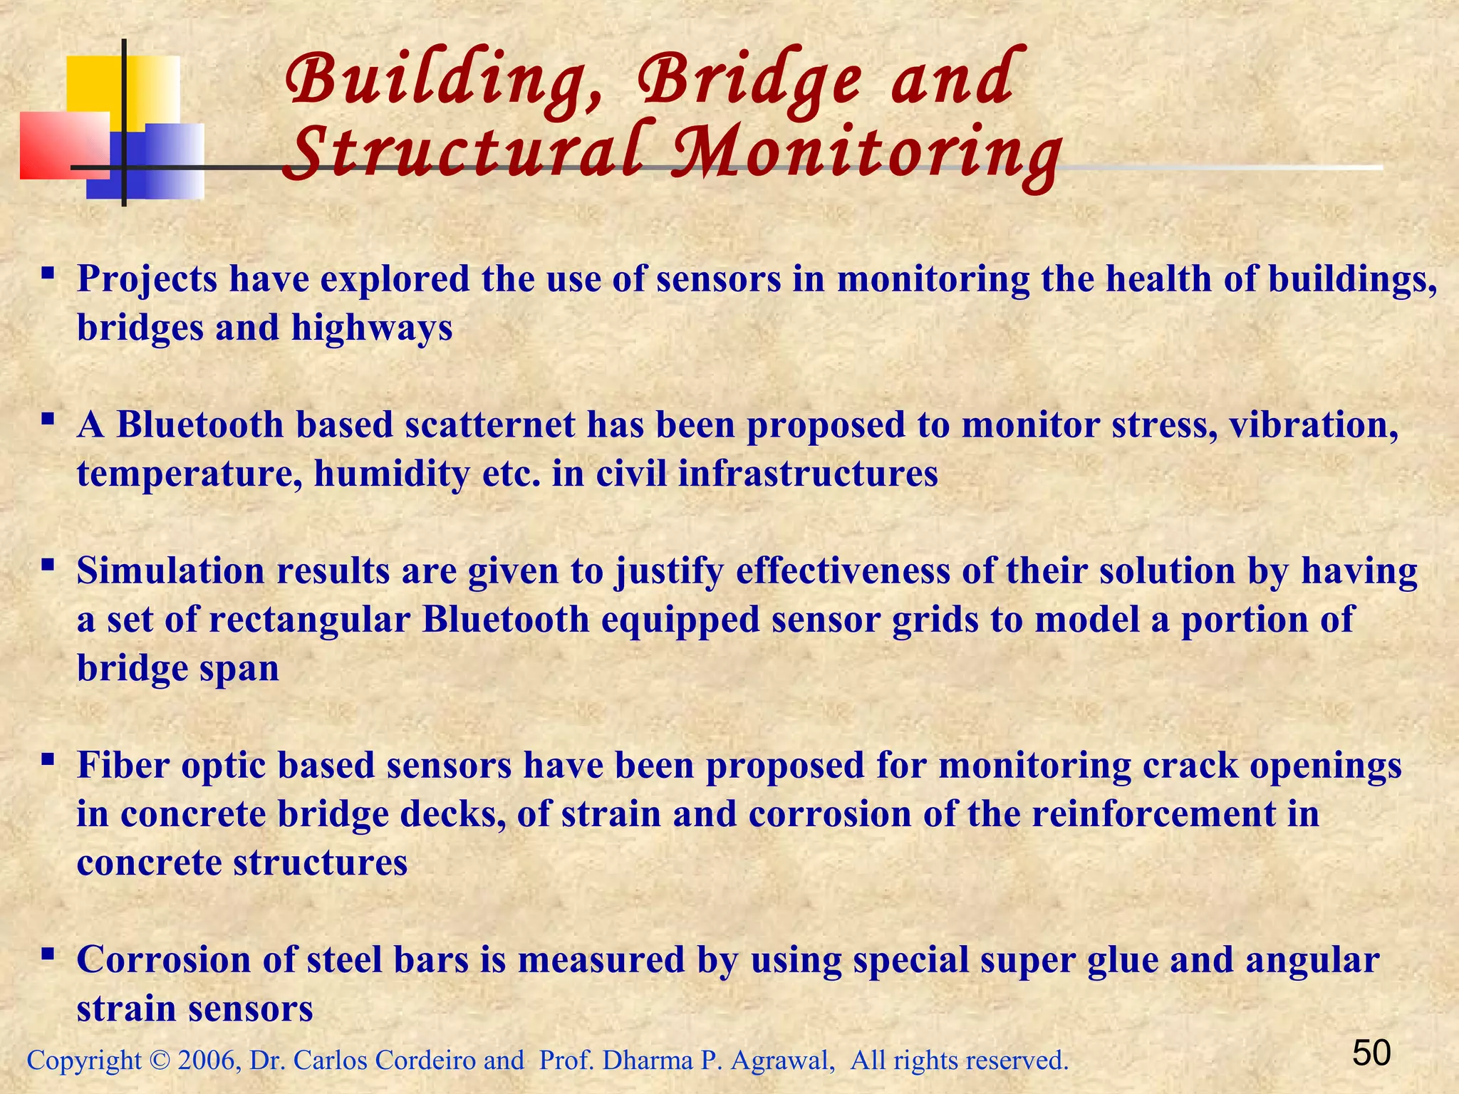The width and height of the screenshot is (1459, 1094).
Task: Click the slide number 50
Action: pyautogui.click(x=1371, y=1053)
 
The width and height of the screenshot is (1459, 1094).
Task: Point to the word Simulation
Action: pyautogui.click(x=170, y=571)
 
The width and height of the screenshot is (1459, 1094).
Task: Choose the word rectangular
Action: pyautogui.click(x=309, y=620)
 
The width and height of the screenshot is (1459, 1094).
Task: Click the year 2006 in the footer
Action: pyautogui.click(x=207, y=1061)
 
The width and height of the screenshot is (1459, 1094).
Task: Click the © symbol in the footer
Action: pyautogui.click(x=160, y=1061)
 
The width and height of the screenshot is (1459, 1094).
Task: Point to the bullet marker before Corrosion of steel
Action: pyautogui.click(x=48, y=954)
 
